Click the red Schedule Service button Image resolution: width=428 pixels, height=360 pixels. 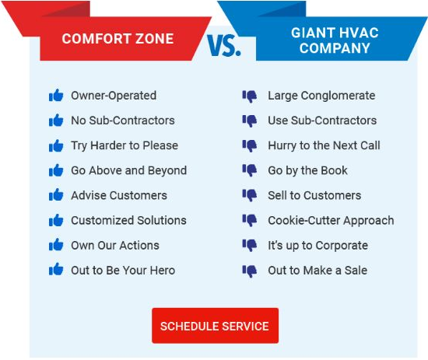(215, 326)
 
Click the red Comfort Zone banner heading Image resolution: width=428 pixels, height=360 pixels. (118, 39)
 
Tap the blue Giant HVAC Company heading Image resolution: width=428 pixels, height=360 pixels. (331, 40)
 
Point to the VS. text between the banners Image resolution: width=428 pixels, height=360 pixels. (224, 46)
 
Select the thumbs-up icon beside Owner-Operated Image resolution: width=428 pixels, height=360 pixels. (56, 96)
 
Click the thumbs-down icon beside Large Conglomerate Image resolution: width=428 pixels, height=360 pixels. (250, 96)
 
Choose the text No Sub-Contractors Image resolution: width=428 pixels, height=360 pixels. (123, 121)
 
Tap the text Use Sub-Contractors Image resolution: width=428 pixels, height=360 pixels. (322, 121)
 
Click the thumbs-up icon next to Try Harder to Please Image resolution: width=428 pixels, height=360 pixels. (56, 145)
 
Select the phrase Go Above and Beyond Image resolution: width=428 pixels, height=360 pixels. (129, 170)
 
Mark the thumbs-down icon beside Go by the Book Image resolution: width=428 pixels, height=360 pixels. (250, 170)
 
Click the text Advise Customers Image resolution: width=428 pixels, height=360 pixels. (119, 195)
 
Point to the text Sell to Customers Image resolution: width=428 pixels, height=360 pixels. (314, 195)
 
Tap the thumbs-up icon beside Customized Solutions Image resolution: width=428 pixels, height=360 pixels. (56, 220)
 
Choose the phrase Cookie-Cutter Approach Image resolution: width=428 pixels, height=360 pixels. (331, 220)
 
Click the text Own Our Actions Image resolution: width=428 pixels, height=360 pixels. (115, 245)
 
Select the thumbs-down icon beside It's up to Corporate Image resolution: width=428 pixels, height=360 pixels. (250, 245)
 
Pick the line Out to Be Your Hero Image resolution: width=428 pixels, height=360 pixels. (123, 270)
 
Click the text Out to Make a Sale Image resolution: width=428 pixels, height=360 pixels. (317, 270)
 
